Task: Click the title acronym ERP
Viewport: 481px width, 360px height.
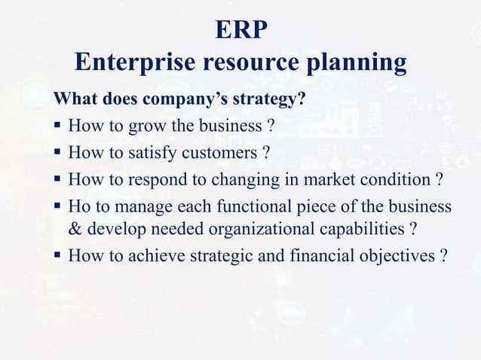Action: [240, 29]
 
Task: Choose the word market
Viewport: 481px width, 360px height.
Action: [326, 180]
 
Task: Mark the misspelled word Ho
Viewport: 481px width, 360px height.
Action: [78, 206]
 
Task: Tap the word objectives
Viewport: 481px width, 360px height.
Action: [394, 256]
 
